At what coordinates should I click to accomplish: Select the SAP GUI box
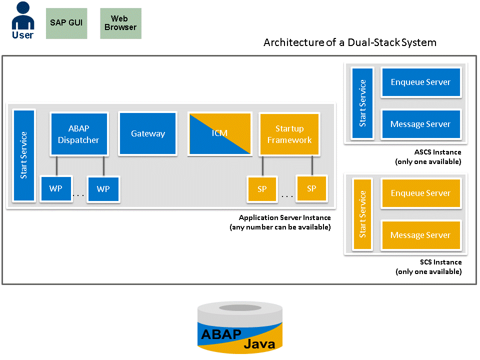66,23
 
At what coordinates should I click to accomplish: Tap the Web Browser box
120,23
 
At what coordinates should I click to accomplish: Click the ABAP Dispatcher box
78,134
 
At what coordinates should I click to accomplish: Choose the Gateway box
148,133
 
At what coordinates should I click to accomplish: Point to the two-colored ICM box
219,133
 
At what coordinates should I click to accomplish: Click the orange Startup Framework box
289,134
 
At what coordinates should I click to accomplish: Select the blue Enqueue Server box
420,82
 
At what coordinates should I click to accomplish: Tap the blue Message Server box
420,124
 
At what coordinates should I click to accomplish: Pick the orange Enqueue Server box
420,193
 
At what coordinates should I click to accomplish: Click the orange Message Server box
420,235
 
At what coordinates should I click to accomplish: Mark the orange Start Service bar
362,213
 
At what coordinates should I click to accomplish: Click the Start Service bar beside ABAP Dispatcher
24,155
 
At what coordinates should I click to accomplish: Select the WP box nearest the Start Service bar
55,188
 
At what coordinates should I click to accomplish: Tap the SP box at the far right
311,188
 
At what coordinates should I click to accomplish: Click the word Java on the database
259,343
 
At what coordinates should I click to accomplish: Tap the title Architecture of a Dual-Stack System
349,42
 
